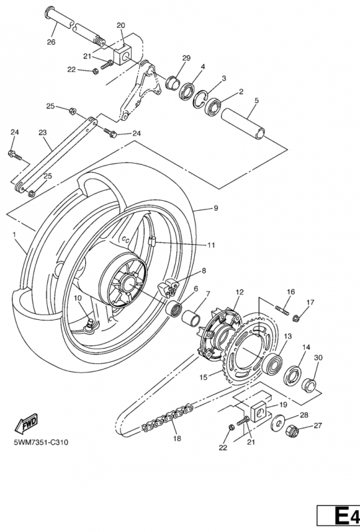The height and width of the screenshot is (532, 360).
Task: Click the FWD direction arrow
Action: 26,424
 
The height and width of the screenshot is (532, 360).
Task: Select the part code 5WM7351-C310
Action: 41,442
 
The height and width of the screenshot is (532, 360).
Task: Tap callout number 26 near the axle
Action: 51,42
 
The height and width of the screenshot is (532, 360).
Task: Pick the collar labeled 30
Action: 309,384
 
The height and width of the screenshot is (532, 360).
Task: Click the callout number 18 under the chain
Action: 177,438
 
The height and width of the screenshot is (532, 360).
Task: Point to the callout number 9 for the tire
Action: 216,208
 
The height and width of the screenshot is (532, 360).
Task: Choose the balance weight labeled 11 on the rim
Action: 152,241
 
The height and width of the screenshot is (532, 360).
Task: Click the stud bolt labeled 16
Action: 283,310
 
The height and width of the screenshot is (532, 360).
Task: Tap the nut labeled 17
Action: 295,319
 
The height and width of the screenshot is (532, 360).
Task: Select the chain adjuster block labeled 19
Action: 259,411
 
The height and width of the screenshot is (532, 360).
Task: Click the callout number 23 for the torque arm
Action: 43,132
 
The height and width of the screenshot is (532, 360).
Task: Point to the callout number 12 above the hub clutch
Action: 240,292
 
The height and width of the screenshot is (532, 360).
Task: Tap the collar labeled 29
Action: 173,82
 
